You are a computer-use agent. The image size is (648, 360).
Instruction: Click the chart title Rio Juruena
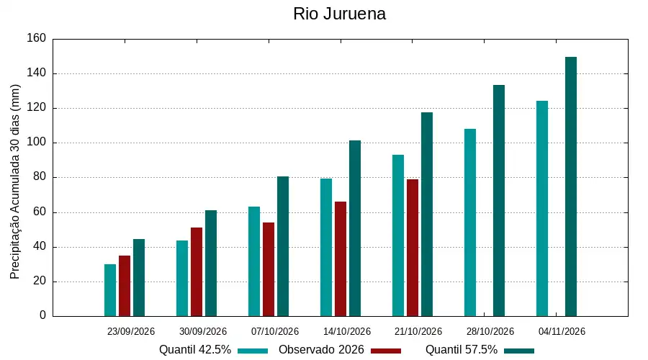(339, 14)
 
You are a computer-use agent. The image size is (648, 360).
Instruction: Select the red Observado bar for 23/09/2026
(125, 286)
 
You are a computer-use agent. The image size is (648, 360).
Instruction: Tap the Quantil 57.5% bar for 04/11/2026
(571, 186)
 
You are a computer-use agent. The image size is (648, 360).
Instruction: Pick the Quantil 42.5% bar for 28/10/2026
(470, 222)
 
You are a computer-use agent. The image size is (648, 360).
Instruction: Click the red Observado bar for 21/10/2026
(413, 248)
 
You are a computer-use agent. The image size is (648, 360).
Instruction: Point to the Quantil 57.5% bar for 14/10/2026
(355, 228)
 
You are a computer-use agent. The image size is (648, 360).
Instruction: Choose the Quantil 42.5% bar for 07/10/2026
(254, 261)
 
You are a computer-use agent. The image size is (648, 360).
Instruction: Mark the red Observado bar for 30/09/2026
(197, 272)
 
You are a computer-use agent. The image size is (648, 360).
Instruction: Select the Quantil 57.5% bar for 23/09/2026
(139, 278)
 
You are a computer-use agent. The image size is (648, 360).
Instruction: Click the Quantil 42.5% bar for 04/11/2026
(542, 208)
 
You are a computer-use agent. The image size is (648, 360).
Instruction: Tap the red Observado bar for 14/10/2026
(341, 258)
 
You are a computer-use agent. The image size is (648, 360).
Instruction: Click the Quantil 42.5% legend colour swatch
(253, 351)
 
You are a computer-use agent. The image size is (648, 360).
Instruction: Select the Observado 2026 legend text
(321, 350)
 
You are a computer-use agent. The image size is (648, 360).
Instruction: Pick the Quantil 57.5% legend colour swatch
(519, 351)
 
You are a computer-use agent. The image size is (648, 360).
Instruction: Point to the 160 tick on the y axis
(37, 38)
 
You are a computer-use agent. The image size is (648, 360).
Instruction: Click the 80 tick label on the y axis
(40, 177)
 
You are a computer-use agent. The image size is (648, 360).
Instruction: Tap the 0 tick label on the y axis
(43, 315)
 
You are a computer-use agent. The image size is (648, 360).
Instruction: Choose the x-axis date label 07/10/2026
(275, 331)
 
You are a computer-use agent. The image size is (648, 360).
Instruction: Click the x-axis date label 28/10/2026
(490, 331)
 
